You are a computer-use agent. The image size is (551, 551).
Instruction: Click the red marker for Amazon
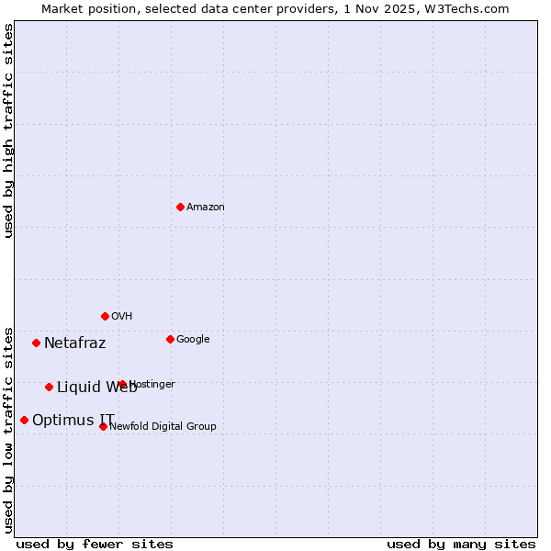[180, 207]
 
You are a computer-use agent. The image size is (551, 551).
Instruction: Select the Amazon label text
[206, 208]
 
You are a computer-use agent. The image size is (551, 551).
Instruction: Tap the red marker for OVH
[105, 316]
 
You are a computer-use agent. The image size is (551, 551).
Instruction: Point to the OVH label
[122, 317]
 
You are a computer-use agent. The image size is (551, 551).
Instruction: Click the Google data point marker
[170, 339]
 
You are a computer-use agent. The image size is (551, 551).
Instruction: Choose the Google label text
[193, 340]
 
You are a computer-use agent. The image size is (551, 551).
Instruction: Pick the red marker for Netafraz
[36, 343]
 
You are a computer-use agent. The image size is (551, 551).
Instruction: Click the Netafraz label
[75, 343]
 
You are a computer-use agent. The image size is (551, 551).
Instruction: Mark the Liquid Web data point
[49, 387]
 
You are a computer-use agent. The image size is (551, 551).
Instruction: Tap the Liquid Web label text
[96, 388]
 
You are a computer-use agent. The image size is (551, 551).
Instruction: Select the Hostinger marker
[122, 384]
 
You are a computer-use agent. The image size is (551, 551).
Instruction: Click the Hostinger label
[152, 385]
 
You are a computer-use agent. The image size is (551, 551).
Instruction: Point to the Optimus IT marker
[24, 420]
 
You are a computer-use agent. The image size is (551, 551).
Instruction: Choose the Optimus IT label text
[73, 421]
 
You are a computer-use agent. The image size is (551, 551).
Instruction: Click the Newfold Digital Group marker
[103, 426]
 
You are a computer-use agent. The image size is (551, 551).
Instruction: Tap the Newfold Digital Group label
[163, 426]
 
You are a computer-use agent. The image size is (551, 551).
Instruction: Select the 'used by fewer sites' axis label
[95, 544]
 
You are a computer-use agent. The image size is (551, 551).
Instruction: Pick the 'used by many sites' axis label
[461, 544]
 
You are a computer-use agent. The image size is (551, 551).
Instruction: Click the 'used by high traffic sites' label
[8, 130]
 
